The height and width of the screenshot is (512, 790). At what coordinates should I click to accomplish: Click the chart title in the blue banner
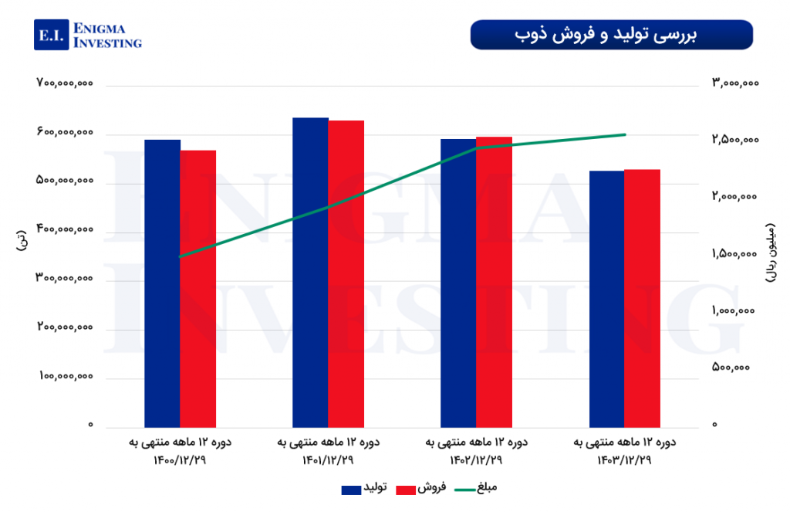click(x=611, y=35)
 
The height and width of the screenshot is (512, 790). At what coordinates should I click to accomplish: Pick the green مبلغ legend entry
click(x=475, y=488)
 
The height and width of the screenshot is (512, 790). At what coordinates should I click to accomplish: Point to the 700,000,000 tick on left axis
click(x=65, y=83)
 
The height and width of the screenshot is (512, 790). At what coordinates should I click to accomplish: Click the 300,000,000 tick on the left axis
click(x=65, y=279)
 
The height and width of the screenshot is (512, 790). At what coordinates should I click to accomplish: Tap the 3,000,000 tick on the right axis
click(x=736, y=83)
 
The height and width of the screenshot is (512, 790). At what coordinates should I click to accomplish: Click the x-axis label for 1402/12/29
click(x=477, y=452)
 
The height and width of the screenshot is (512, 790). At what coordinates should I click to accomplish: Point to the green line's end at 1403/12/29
click(x=625, y=134)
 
